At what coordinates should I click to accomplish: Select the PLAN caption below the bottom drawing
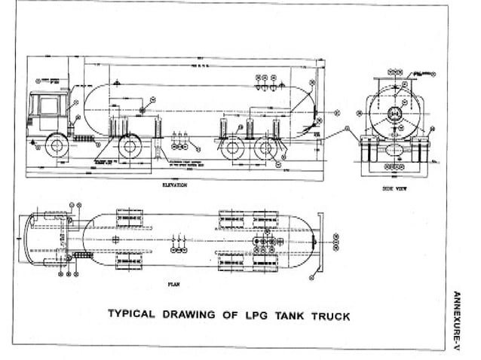coord(173,285)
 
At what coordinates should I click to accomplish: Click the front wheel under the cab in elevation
coord(57,145)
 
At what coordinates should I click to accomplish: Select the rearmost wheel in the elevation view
coord(265,148)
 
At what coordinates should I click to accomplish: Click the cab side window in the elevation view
coord(48,106)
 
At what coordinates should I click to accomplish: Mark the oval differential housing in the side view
coord(393,150)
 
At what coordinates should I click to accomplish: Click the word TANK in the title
coord(292,316)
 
